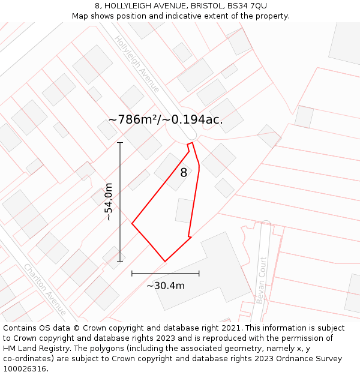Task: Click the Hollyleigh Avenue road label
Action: [137, 64]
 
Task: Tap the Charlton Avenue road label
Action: [45, 289]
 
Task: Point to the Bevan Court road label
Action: [261, 280]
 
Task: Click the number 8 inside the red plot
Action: [184, 173]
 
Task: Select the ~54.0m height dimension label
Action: [109, 202]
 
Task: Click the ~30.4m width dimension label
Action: [166, 286]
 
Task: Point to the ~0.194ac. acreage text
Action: [193, 119]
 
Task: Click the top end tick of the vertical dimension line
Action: [120, 143]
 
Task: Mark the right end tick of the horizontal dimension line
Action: [199, 274]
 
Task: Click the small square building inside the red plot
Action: [184, 211]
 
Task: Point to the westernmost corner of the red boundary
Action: [132, 224]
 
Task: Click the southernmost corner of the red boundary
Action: [165, 261]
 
